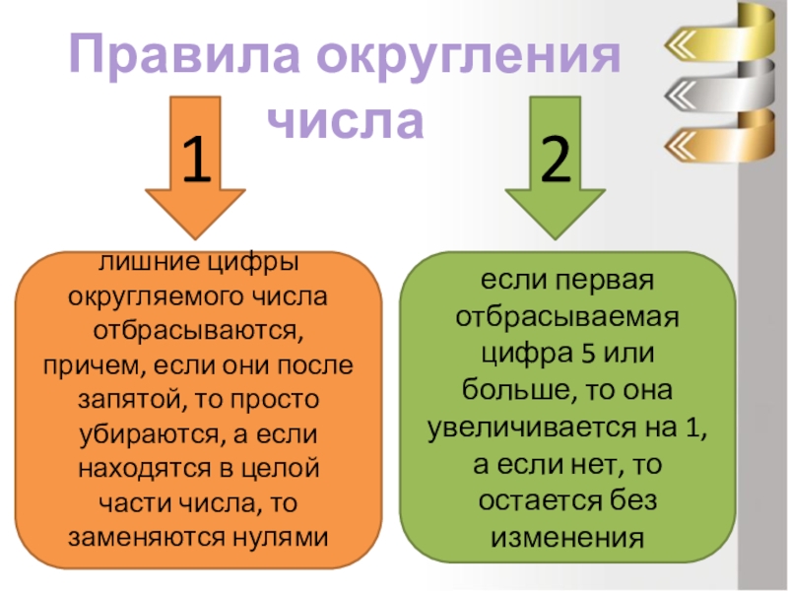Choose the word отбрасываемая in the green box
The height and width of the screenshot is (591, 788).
566,318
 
